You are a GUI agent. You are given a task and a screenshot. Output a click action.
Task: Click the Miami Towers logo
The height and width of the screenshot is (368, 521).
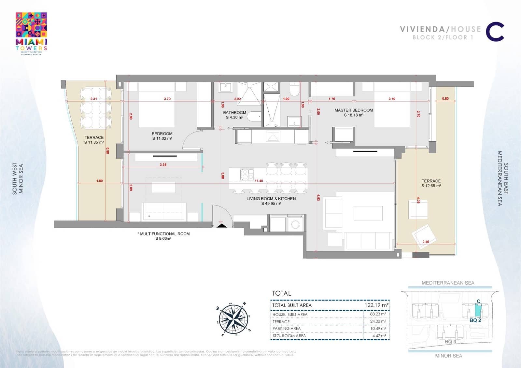pos(31,33)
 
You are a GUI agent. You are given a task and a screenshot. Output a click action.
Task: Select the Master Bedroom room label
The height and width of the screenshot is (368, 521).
pos(353,112)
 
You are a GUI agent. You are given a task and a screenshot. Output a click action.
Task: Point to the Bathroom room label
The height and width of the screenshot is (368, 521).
pos(234,115)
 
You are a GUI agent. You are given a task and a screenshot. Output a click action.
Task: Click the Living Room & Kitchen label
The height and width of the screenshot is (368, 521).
pos(271,201)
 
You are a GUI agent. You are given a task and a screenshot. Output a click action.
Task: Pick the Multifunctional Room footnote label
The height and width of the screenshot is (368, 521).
pos(164,236)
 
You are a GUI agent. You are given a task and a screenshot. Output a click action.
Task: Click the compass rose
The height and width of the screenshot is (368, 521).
pos(233,319)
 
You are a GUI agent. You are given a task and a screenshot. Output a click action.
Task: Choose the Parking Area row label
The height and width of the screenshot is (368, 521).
pos(286,328)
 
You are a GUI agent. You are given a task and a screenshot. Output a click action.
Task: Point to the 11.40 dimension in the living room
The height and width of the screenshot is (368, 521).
pos(259,181)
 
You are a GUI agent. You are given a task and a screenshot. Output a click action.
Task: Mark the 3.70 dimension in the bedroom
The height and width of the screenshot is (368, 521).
pos(167,99)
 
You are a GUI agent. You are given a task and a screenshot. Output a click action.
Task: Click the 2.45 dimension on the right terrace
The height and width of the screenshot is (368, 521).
pos(426,242)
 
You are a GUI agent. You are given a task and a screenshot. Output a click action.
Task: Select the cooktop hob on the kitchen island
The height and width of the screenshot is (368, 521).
pos(246,174)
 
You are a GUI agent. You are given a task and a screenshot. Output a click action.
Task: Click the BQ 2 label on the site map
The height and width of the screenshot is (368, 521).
pos(475,320)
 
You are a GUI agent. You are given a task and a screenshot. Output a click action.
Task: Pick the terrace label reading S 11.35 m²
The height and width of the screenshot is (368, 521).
pos(94,140)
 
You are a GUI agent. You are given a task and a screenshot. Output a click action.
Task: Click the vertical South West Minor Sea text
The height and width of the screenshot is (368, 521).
pos(18,179)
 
